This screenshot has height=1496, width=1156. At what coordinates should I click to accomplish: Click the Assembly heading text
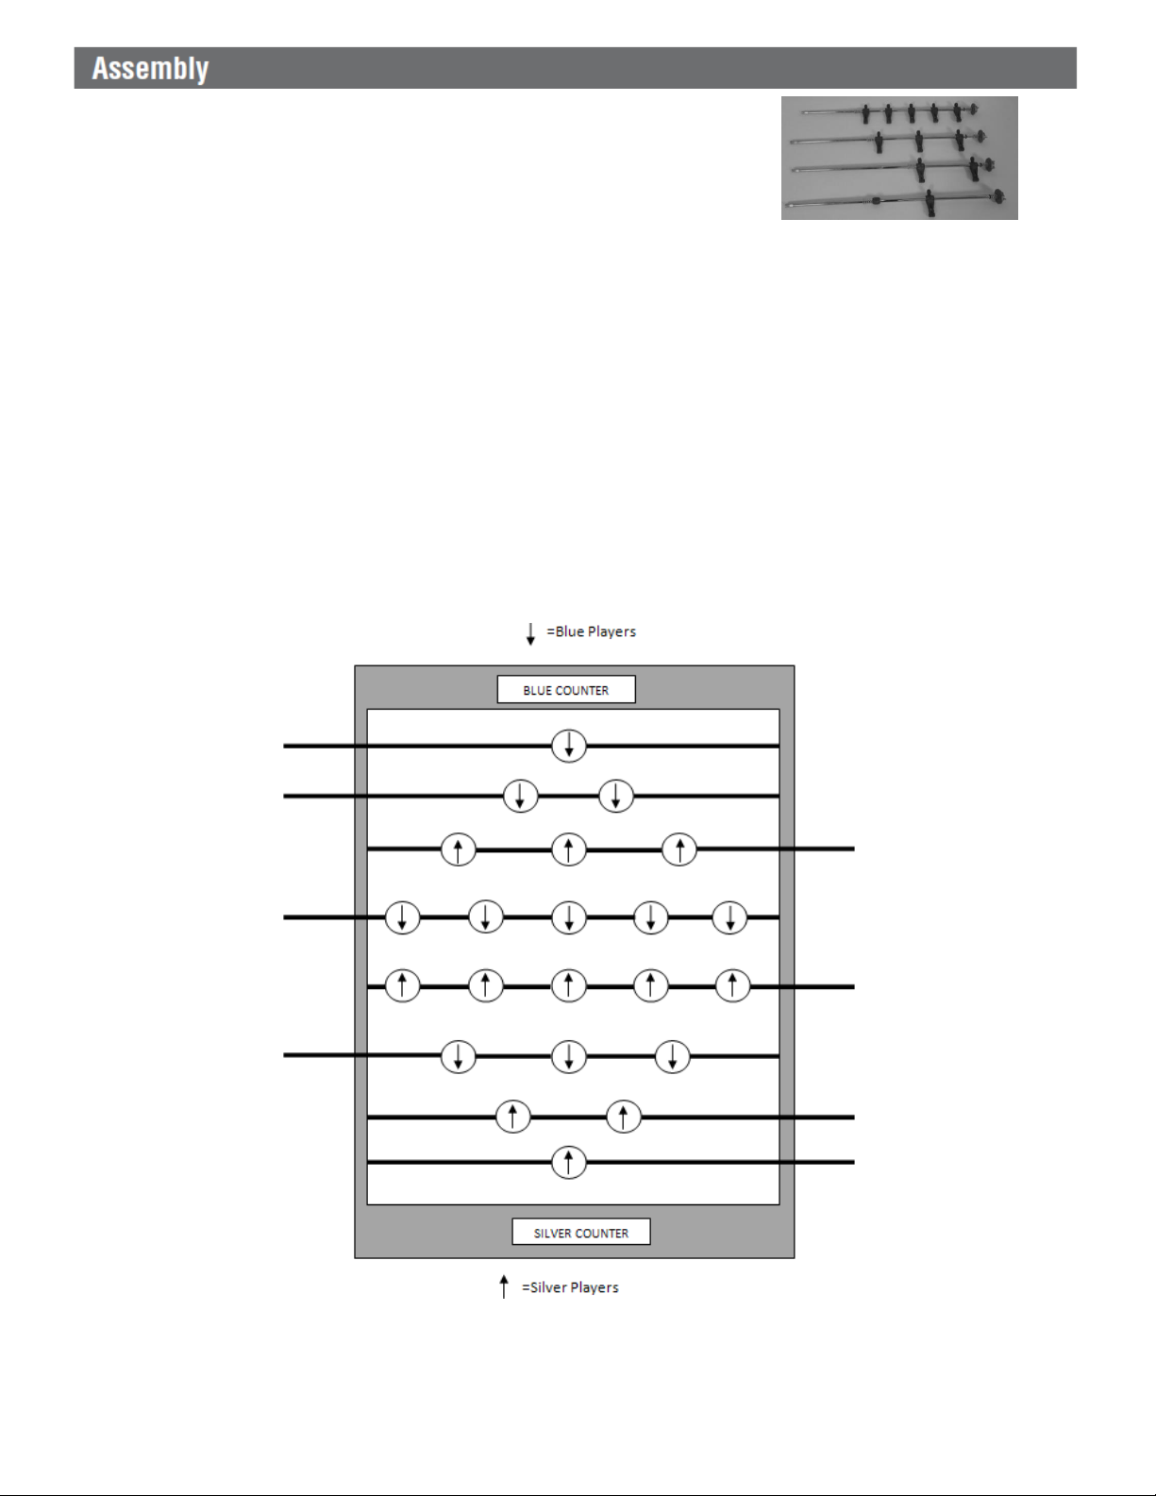150,69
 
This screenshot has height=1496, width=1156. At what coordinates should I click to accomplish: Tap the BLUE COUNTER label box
566,690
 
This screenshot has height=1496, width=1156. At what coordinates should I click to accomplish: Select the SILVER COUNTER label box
581,1233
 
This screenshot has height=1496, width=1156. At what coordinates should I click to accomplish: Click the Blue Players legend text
592,631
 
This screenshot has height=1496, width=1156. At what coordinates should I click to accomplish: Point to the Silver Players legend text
570,1287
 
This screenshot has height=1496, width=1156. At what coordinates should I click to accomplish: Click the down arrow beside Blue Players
530,632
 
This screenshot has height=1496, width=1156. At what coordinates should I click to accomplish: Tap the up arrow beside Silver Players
504,1287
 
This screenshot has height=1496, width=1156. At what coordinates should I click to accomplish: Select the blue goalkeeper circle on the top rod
569,747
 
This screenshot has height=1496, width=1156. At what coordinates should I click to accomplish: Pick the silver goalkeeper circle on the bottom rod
569,1162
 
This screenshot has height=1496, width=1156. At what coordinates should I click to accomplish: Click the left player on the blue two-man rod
521,797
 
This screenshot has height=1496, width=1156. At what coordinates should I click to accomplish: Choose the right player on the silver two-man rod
624,1118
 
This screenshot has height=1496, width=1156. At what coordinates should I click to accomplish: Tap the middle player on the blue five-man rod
569,917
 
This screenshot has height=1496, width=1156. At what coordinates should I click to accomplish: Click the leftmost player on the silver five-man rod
403,986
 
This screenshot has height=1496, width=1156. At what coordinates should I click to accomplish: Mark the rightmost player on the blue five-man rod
729,917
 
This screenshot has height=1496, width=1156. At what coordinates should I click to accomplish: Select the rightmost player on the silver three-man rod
679,849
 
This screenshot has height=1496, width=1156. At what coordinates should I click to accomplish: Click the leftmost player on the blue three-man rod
459,1056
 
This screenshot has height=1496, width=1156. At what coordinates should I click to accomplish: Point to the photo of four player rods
899,158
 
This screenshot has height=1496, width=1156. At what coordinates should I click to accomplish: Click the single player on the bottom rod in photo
930,201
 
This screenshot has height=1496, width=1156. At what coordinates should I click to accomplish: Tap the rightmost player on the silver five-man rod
733,986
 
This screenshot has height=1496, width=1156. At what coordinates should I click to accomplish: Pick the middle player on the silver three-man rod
569,849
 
